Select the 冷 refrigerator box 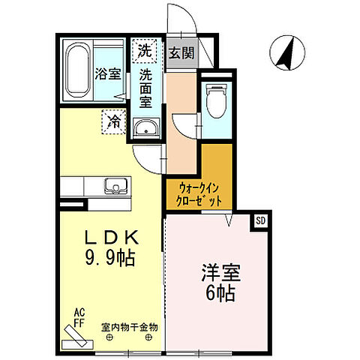coord(113,120)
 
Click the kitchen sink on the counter coord(116,185)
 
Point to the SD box coord(260,220)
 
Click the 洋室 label coord(215,271)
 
